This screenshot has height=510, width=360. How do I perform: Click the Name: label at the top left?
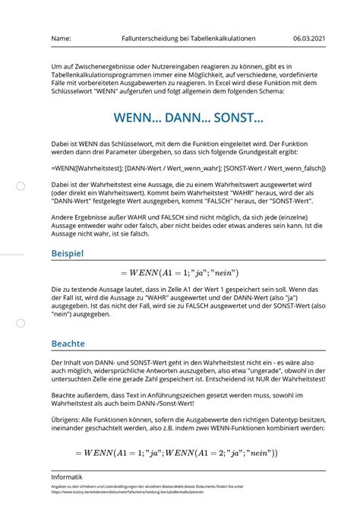coord(61,39)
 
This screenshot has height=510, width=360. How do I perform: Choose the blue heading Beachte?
coord(68,344)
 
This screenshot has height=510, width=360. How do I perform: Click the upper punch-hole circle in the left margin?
coord(21,186)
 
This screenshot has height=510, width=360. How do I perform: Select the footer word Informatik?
coord(67,477)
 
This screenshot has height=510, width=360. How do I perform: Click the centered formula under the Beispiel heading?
coord(179,272)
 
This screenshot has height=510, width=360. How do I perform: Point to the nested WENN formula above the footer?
coord(179,453)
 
